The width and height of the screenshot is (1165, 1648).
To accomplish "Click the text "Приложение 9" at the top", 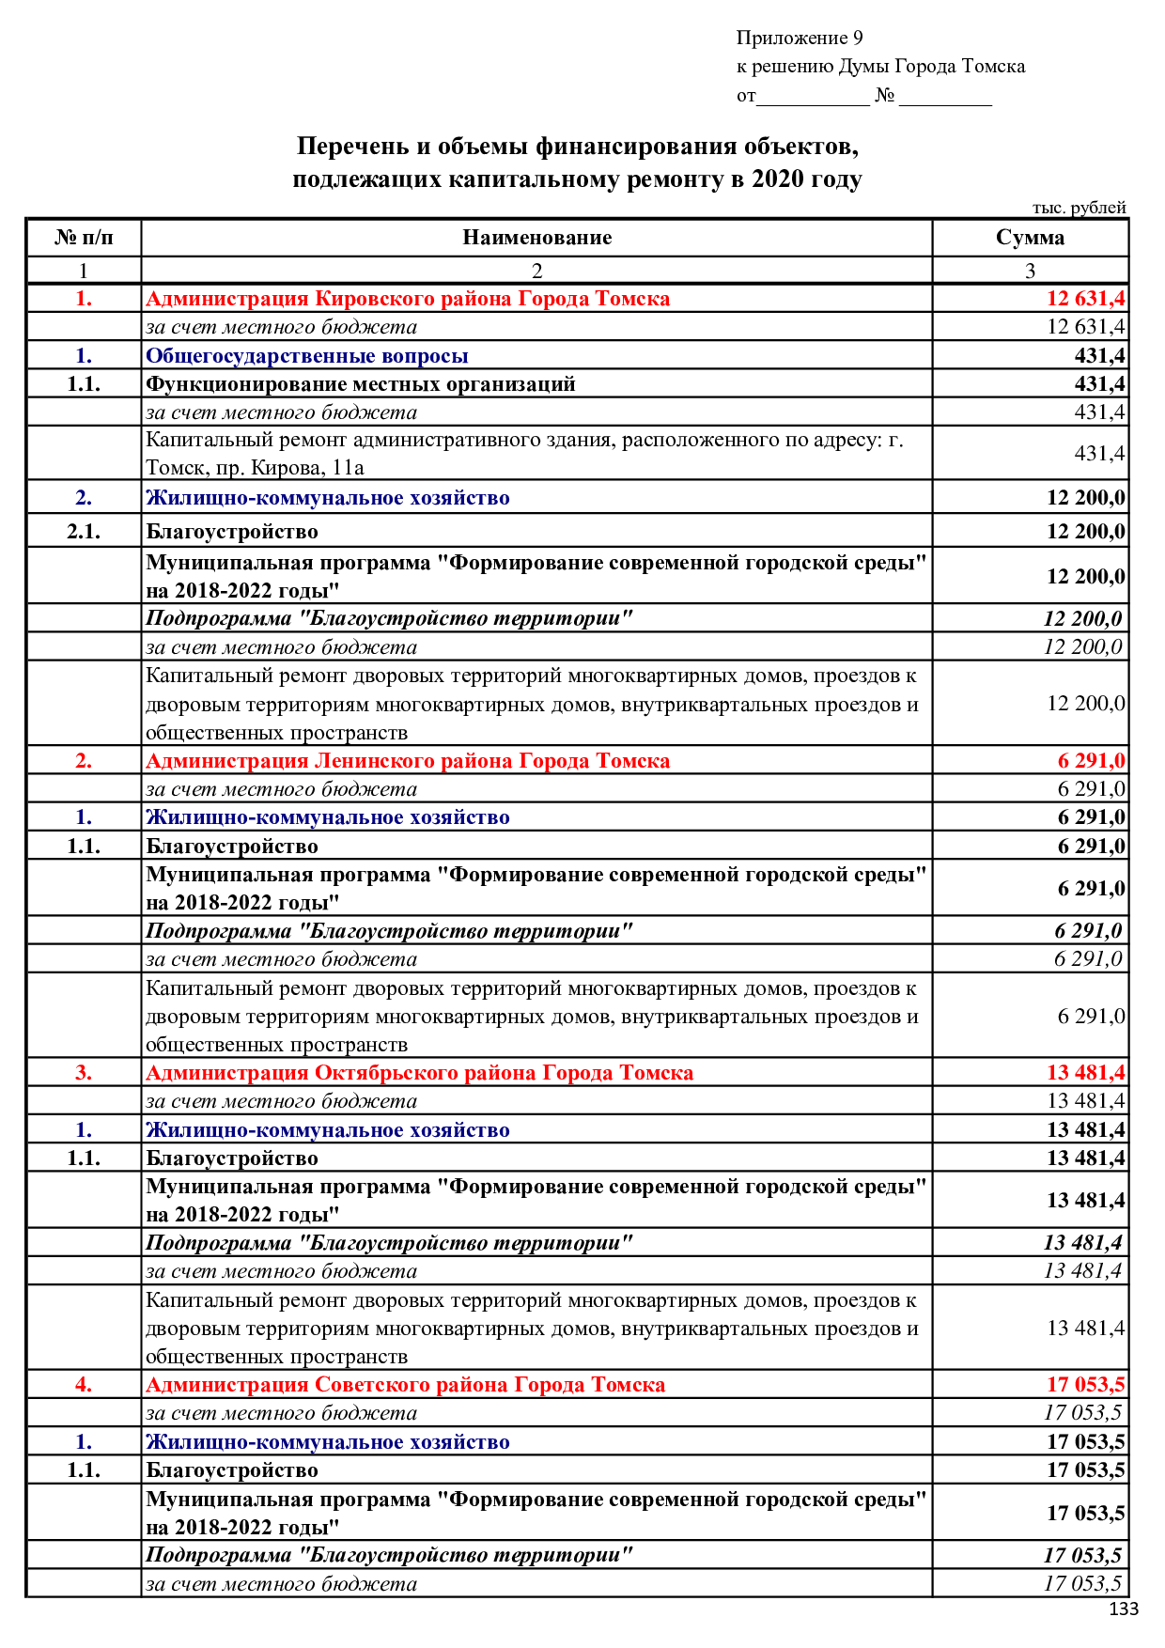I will (799, 39).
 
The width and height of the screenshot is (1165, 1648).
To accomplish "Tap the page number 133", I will (1123, 1609).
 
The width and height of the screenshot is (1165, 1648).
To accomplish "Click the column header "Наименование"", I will (536, 238).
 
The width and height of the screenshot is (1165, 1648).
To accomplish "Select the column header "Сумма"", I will (1030, 238).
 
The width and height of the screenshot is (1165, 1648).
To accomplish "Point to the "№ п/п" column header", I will (84, 238).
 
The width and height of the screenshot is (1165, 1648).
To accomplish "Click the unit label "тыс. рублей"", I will (1079, 208).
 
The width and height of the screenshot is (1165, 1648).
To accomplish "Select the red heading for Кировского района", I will (408, 299).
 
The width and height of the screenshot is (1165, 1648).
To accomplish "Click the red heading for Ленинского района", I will (408, 761).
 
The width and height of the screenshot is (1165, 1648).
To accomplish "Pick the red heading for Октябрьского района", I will (419, 1073).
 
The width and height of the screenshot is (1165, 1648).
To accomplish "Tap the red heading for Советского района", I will (405, 1385).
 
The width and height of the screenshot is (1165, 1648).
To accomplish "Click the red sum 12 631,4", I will (1085, 299).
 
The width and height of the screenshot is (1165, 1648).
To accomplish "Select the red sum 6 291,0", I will (1091, 761).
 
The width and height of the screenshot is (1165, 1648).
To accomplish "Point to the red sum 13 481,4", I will (1085, 1073).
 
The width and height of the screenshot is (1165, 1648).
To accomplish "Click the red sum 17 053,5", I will (1085, 1385).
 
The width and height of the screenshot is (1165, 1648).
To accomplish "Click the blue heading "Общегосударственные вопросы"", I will (306, 356).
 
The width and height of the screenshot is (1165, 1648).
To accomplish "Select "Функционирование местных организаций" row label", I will (360, 384).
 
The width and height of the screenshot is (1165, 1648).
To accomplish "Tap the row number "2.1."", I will (84, 532).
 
